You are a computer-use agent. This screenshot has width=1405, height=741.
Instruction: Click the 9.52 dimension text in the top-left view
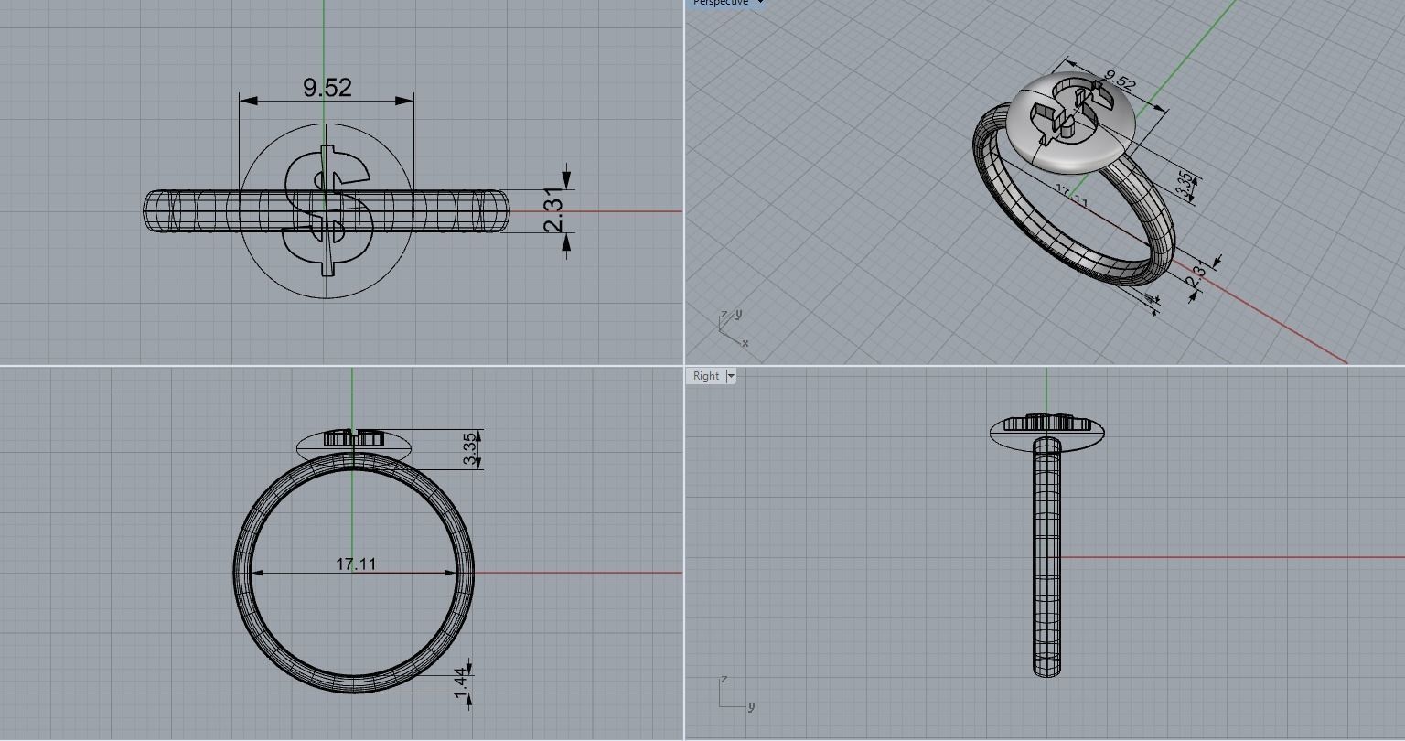[327, 87]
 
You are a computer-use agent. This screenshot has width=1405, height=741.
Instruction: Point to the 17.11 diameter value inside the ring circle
[356, 564]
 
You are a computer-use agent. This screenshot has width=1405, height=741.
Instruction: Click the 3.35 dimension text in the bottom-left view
[470, 449]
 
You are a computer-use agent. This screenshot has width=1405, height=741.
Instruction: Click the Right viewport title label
[705, 376]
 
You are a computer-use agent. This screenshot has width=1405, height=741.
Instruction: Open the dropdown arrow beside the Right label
[731, 376]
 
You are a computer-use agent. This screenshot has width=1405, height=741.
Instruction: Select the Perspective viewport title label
[720, 3]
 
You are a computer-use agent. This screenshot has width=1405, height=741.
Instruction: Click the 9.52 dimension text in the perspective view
[1120, 81]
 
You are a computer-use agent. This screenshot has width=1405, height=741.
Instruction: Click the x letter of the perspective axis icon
[745, 343]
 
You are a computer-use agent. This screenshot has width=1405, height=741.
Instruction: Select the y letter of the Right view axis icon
[751, 705]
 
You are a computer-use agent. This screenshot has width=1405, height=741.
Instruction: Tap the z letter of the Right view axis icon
[724, 680]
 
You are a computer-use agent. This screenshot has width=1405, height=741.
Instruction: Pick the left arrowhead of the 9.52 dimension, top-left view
[246, 100]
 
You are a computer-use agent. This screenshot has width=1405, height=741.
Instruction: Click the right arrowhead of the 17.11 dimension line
[451, 573]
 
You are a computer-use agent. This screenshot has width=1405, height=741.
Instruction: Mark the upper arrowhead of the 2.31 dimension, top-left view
[567, 180]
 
